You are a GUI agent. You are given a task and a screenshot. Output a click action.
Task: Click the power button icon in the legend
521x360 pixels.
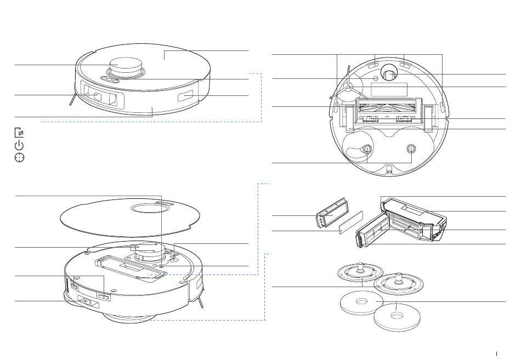[x=19, y=145]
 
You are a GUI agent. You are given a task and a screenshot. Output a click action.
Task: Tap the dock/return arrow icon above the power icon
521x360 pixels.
[x=19, y=133]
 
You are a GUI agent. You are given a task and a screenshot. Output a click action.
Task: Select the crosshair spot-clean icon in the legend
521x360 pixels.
[x=19, y=158]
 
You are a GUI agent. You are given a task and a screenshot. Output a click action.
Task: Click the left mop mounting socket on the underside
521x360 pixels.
[x=367, y=148]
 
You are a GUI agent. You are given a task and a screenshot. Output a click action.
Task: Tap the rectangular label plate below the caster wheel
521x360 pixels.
[x=389, y=89]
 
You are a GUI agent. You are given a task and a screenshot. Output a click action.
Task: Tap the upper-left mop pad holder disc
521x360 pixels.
[x=359, y=272]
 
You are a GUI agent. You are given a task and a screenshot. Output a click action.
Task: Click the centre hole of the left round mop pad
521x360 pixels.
[x=360, y=301]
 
